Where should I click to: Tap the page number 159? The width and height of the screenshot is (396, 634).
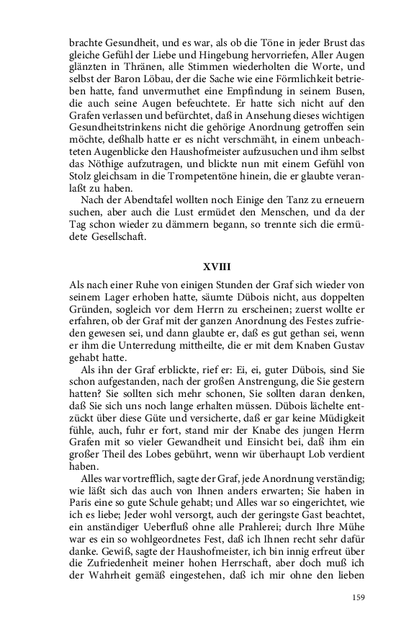[x=359, y=597]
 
